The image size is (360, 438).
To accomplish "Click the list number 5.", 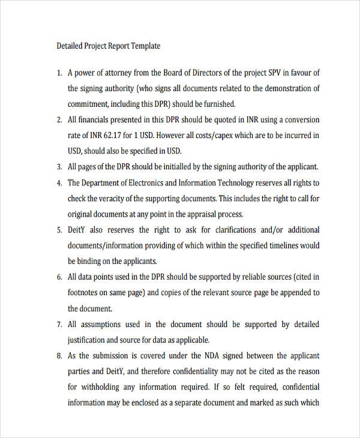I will coord(59,230).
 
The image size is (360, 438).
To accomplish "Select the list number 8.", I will coord(59,356).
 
